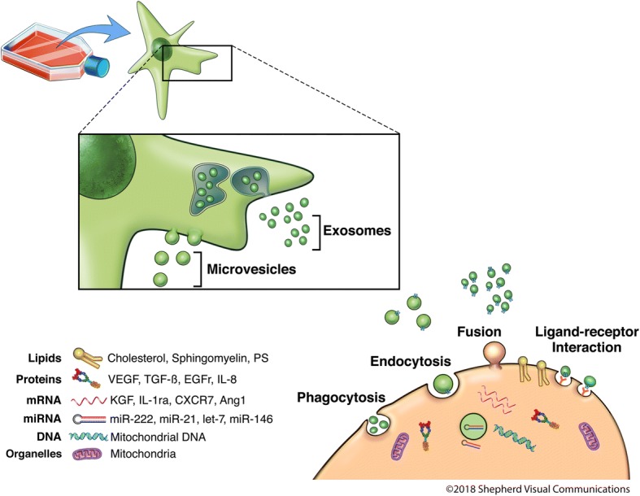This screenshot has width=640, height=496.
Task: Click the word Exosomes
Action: (x=358, y=230)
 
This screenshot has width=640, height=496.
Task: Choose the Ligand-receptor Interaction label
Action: (x=581, y=340)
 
